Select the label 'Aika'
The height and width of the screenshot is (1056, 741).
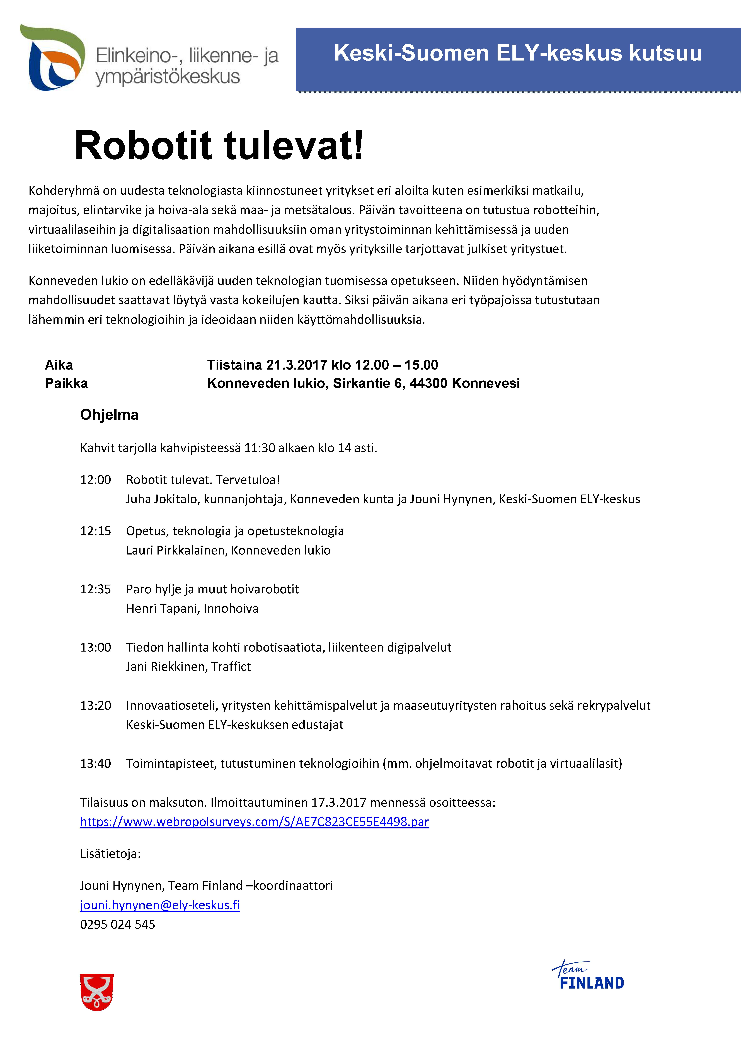(x=59, y=365)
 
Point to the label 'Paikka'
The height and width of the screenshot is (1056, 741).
(x=66, y=384)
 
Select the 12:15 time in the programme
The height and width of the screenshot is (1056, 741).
(x=96, y=531)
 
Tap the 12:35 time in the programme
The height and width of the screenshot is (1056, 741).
(x=96, y=589)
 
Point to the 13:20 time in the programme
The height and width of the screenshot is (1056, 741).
(x=96, y=706)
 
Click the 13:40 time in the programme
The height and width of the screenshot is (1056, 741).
(x=96, y=763)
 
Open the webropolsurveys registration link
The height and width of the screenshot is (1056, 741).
(x=254, y=822)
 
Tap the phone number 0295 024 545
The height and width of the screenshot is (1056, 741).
(x=118, y=924)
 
